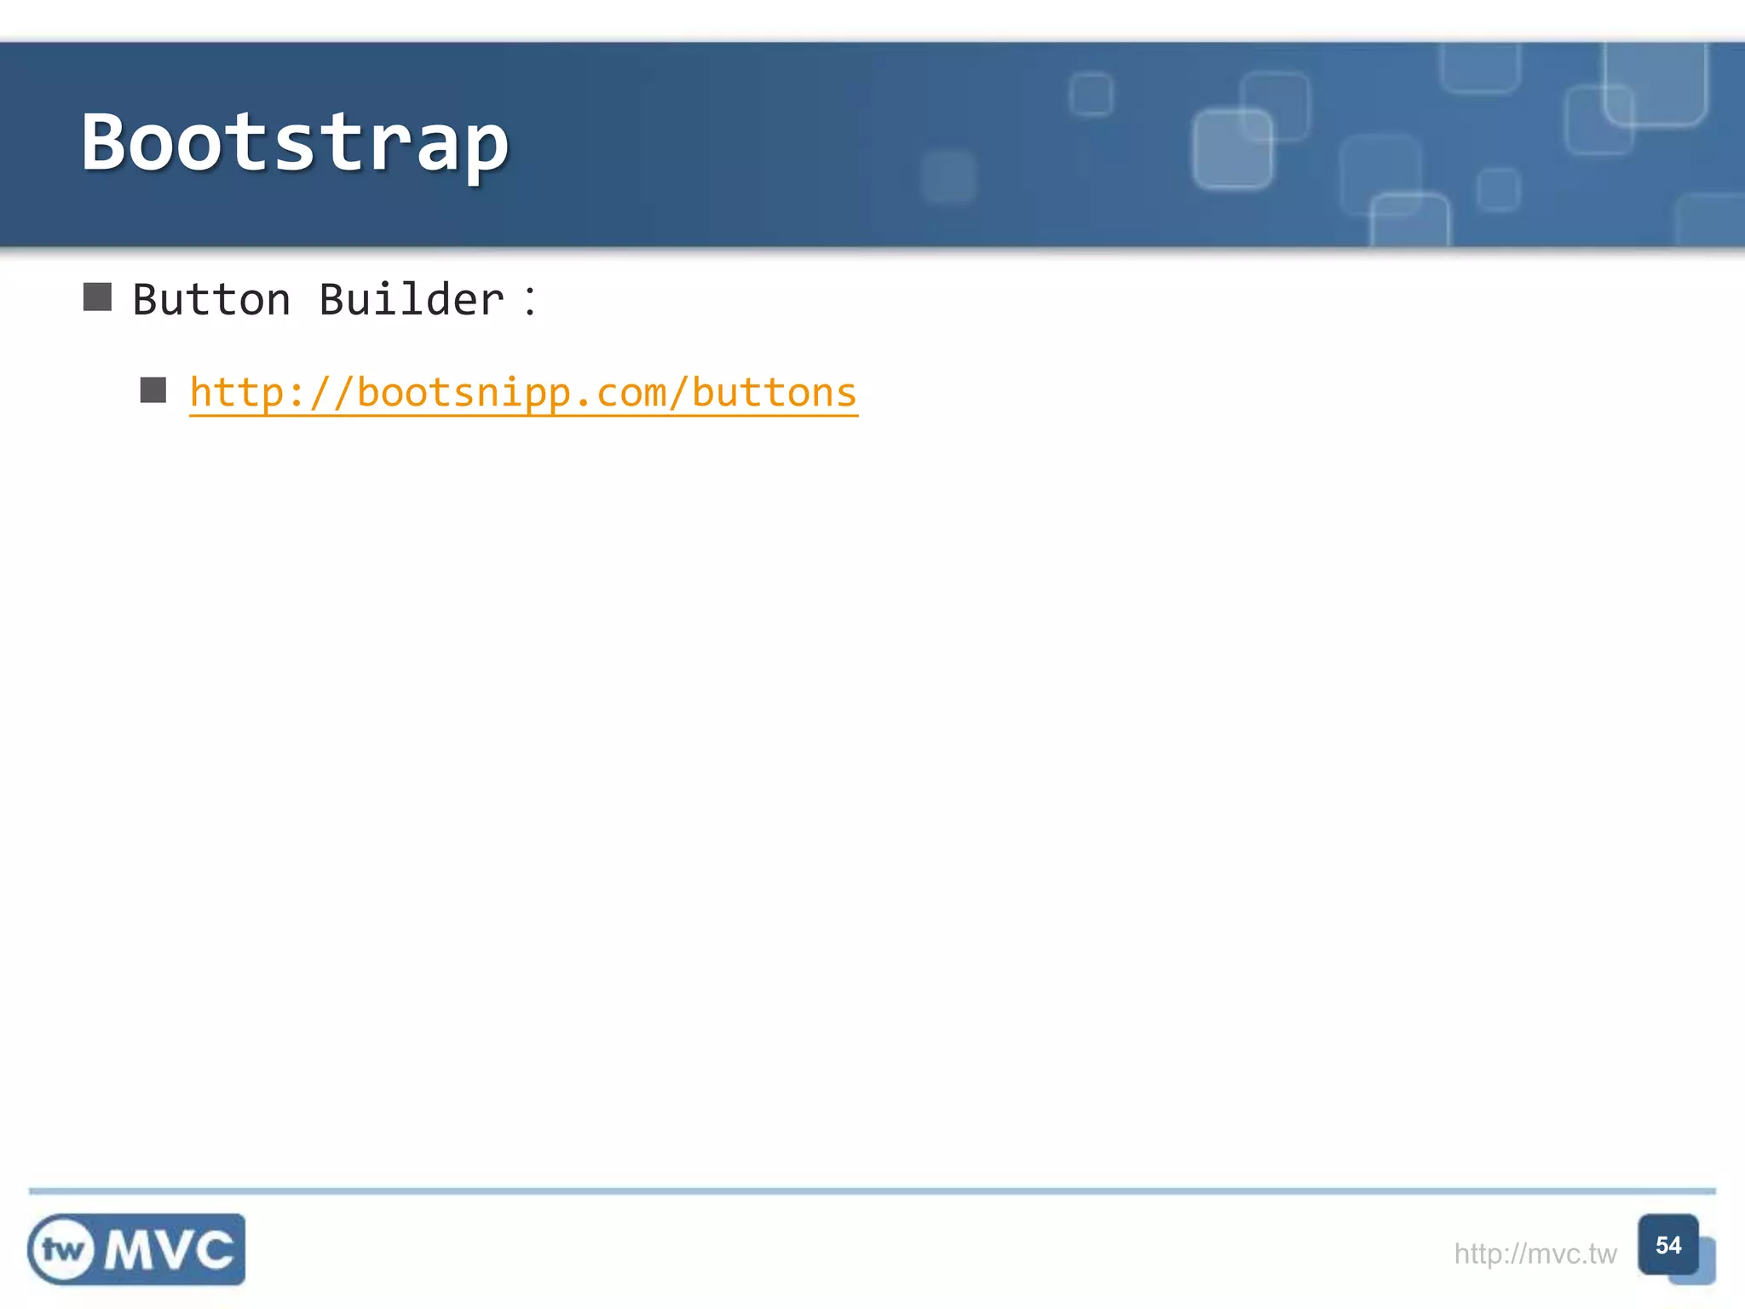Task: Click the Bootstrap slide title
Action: pyautogui.click(x=295, y=143)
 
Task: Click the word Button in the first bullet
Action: pyautogui.click(x=211, y=300)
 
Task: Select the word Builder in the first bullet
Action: pyautogui.click(x=412, y=300)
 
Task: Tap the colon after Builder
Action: pyautogui.click(x=530, y=301)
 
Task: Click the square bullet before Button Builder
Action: pyautogui.click(x=98, y=297)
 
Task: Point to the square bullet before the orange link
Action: pyautogui.click(x=153, y=390)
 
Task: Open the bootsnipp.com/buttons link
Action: pyautogui.click(x=523, y=393)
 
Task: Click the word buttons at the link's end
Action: pyautogui.click(x=774, y=393)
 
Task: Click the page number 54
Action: pyautogui.click(x=1667, y=1245)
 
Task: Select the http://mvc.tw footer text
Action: pyautogui.click(x=1535, y=1254)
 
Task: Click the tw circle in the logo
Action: pyautogui.click(x=63, y=1250)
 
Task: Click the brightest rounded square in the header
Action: pyautogui.click(x=1232, y=149)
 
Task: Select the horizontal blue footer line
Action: pyautogui.click(x=872, y=1191)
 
